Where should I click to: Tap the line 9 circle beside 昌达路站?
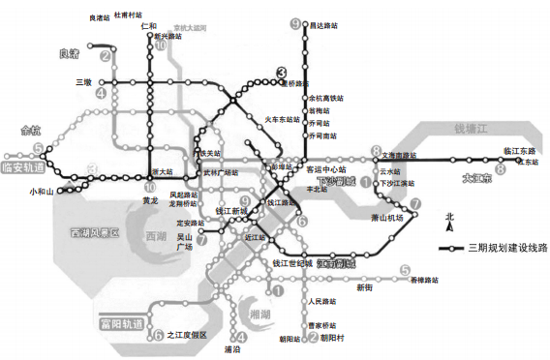[295, 24]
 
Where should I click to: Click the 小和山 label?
[42, 192]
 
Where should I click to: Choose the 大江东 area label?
[476, 178]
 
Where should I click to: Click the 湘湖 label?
[260, 315]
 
